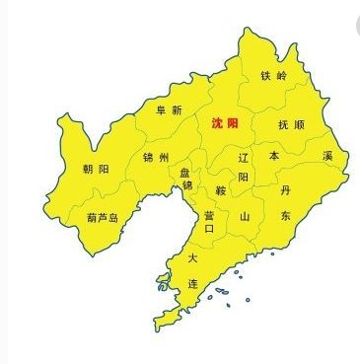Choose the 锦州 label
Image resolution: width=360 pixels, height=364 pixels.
pos(155,158)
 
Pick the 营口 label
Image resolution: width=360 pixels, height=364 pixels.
pos(209,221)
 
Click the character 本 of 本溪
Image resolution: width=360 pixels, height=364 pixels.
pos(274,156)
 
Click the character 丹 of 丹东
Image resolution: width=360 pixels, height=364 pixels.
pos(285,187)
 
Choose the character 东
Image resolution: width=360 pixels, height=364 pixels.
pos(285,215)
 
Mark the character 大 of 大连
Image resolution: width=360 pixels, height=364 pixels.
pos(193,257)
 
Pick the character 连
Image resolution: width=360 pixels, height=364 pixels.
pos(193,283)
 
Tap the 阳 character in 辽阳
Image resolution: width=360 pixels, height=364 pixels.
pos(244,178)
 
